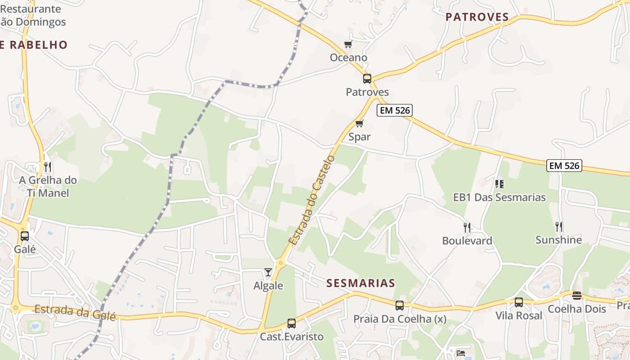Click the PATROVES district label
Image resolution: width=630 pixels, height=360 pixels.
pos(477,17)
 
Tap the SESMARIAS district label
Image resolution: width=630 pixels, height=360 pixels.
pos(360,283)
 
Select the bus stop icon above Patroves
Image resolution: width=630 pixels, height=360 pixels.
pos(367,79)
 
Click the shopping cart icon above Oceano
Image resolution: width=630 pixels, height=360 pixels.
pos(348,44)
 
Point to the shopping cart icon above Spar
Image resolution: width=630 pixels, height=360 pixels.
pos(359,123)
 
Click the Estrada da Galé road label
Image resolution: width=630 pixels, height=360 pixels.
pos(75,312)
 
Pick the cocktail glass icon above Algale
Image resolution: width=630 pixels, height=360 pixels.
pos(268,272)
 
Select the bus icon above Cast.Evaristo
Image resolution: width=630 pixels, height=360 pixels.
pos(292,323)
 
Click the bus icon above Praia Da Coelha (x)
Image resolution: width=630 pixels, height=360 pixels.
pos(400,306)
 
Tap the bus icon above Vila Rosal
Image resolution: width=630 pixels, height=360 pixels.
pos(519,302)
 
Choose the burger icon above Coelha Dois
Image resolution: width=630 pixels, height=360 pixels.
pos(577,296)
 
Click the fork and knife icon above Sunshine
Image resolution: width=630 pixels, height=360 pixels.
pos(559,226)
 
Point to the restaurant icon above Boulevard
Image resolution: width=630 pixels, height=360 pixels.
pos(467,227)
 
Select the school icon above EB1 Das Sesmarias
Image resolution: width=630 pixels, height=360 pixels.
pos(499,184)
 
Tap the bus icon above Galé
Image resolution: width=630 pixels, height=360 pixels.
pos(25,236)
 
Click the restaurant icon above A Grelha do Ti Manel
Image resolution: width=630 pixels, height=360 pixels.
pos(47,167)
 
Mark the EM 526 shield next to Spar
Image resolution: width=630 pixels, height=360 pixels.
pos(395,111)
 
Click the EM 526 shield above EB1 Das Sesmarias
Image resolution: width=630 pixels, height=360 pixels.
pos(564,166)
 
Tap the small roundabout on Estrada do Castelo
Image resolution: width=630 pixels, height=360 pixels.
pos(281,262)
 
